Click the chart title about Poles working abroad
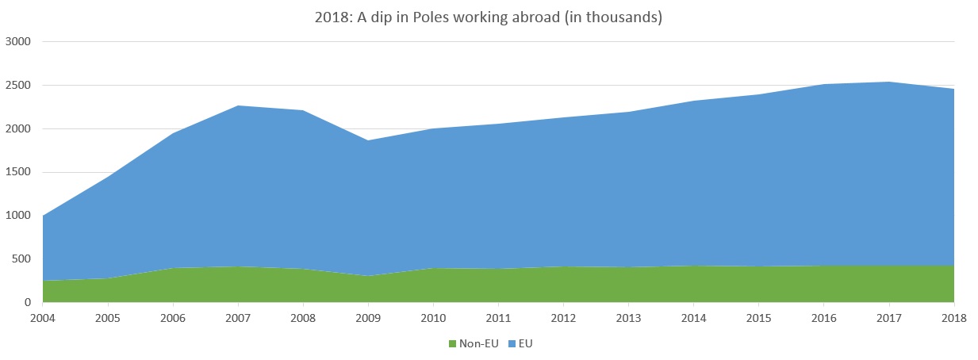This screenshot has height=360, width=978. click(488, 17)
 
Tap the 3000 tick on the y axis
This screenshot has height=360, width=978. click(18, 41)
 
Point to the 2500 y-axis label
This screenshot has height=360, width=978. click(18, 85)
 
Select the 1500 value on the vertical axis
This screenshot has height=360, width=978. click(18, 172)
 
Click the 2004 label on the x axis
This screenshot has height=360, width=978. click(42, 318)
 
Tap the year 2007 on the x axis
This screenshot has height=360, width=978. click(237, 318)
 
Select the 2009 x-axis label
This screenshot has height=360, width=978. click(367, 318)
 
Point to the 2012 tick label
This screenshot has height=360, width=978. click(563, 318)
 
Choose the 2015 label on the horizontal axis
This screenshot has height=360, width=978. click(758, 318)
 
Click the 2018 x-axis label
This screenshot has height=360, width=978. click(953, 318)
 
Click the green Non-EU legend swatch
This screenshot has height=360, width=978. click(453, 343)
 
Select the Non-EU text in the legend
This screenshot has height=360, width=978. click(479, 343)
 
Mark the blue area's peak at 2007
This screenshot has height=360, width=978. click(237, 105)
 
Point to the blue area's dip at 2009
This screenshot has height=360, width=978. click(367, 140)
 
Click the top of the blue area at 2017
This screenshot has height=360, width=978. click(888, 82)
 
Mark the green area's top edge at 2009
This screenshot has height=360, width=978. click(367, 276)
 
